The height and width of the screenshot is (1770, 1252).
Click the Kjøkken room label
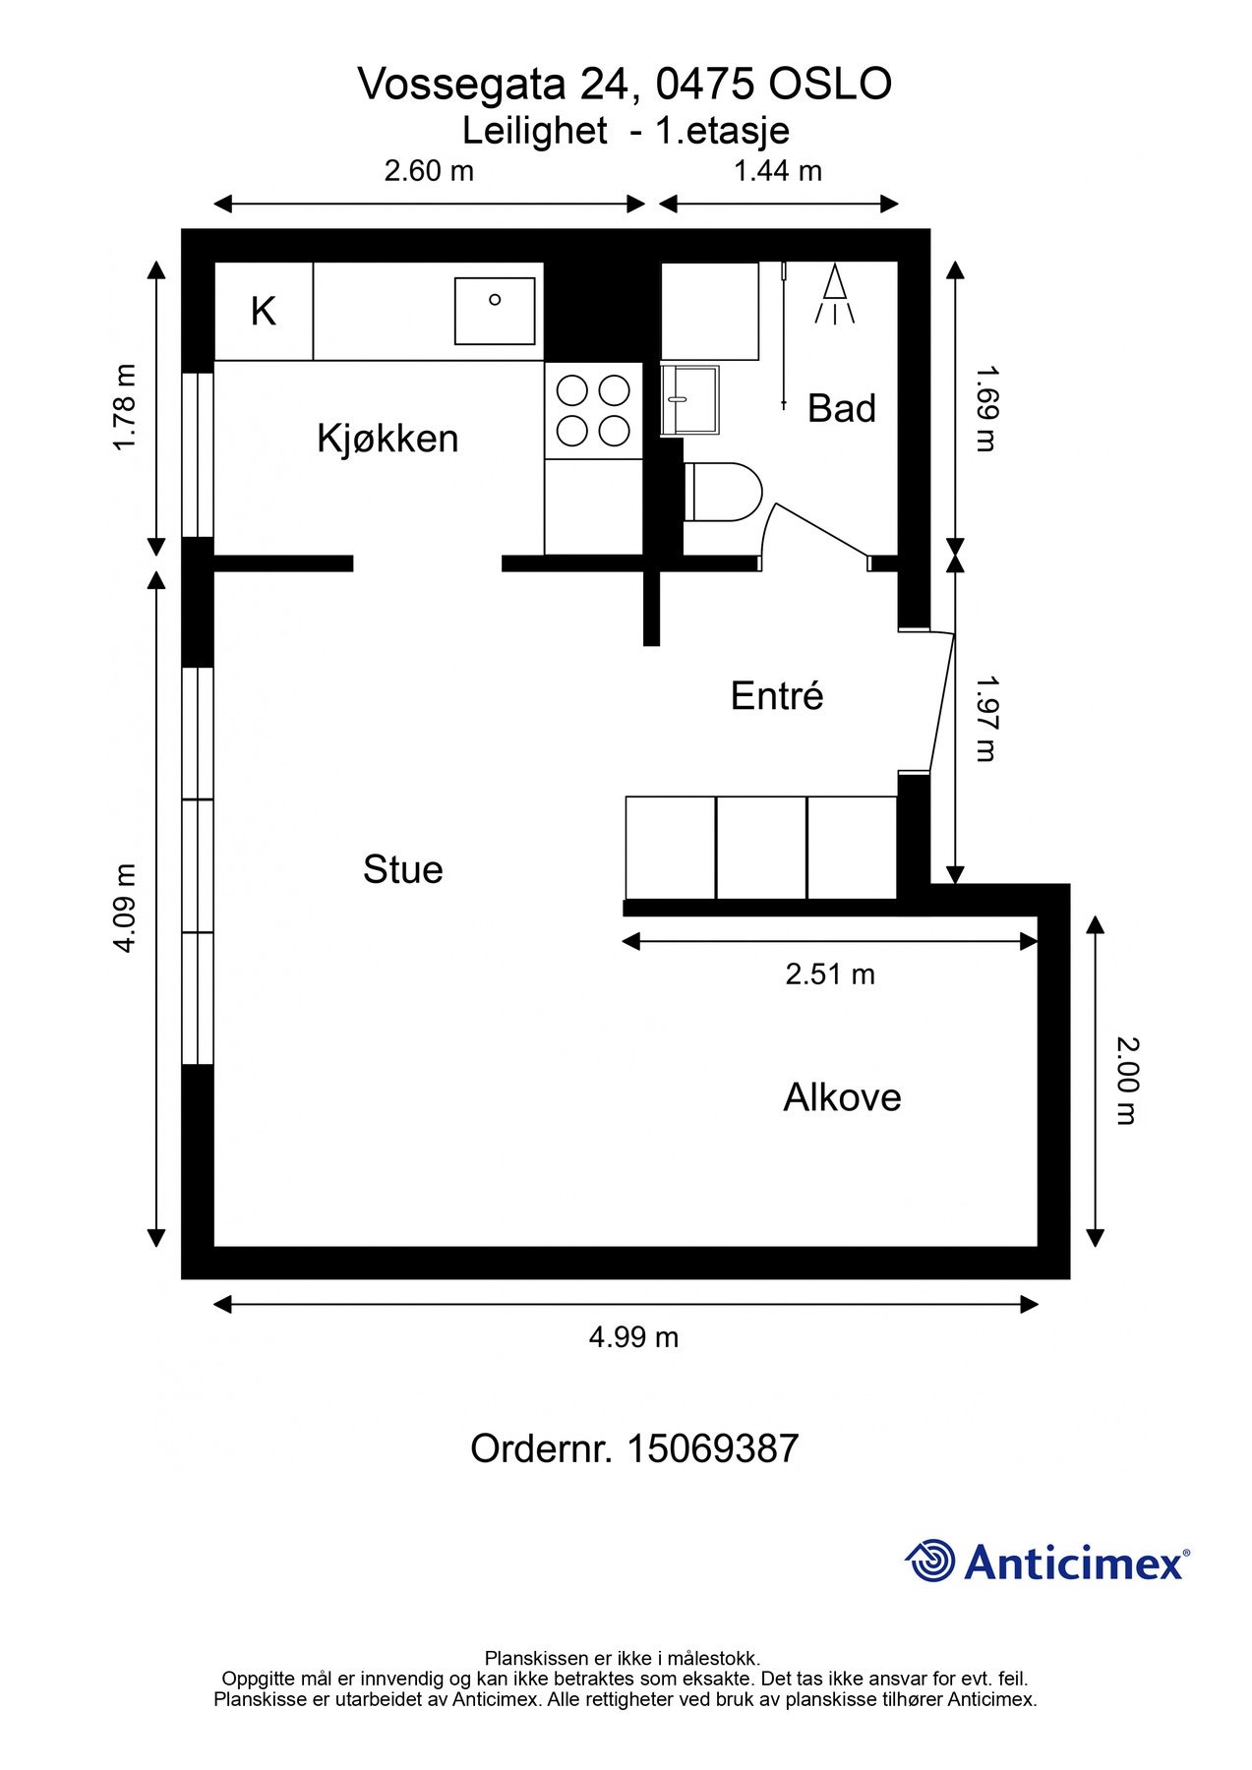388,439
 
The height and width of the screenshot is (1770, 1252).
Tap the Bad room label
841,408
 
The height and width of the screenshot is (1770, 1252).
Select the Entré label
776,696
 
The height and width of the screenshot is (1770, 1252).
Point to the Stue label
402,869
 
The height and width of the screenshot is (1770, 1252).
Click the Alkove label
842,1097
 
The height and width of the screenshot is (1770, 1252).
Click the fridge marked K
264,312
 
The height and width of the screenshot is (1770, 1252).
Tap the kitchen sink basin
495,311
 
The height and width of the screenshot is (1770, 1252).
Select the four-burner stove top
593,411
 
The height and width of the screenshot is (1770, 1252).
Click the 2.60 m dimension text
429,171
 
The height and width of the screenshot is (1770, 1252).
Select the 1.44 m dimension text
777,171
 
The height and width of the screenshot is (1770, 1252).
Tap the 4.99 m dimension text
633,1337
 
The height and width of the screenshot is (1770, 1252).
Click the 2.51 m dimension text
829,974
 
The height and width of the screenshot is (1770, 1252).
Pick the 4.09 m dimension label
126,909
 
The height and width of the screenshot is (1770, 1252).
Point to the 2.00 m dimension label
1127,1080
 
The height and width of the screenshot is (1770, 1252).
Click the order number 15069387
712,1449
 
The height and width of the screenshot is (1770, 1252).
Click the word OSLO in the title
829,85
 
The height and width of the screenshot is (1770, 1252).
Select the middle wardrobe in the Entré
761,848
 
